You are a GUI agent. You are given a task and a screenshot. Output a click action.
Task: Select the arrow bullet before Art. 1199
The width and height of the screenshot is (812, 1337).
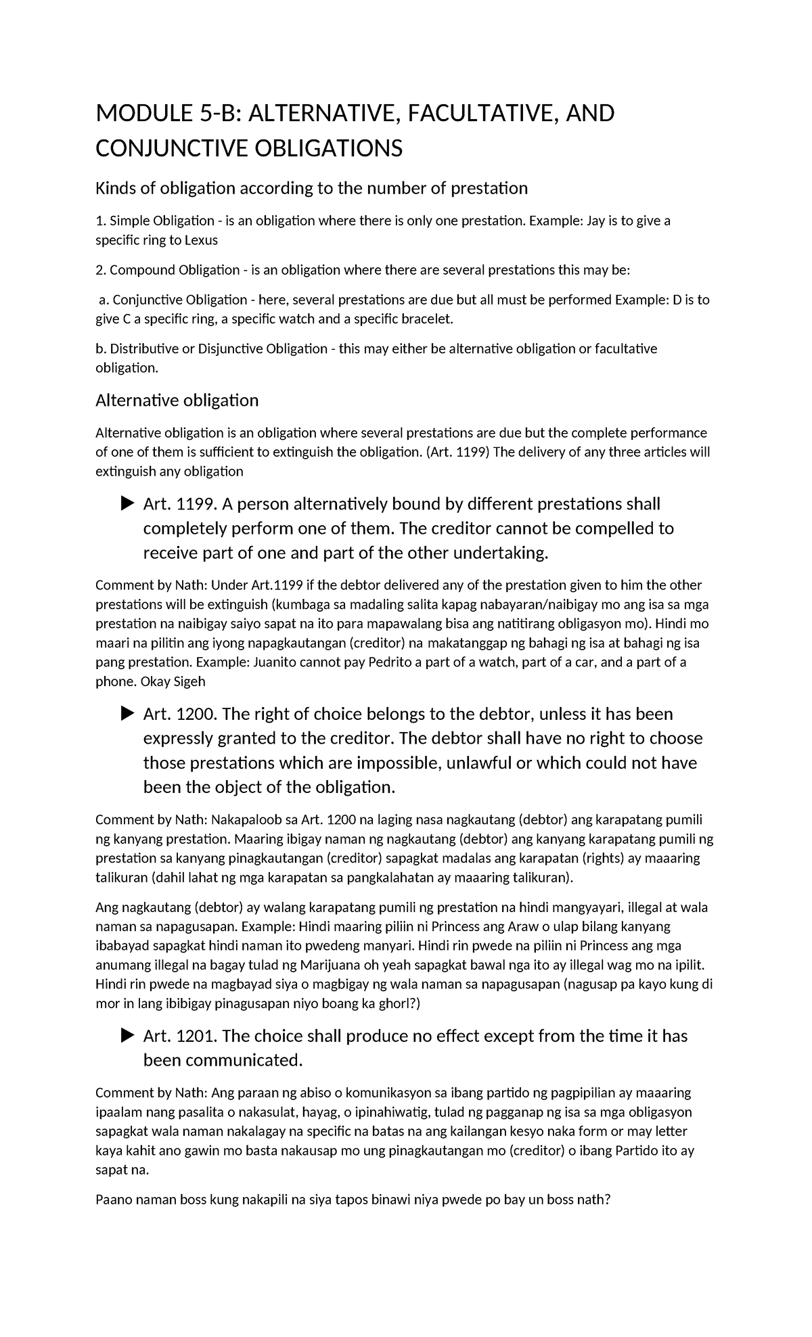tap(127, 503)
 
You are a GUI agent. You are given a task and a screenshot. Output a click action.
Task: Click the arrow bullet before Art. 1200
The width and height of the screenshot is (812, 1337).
tap(127, 713)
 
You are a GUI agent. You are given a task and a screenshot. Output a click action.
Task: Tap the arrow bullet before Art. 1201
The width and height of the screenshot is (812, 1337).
tap(127, 1035)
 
